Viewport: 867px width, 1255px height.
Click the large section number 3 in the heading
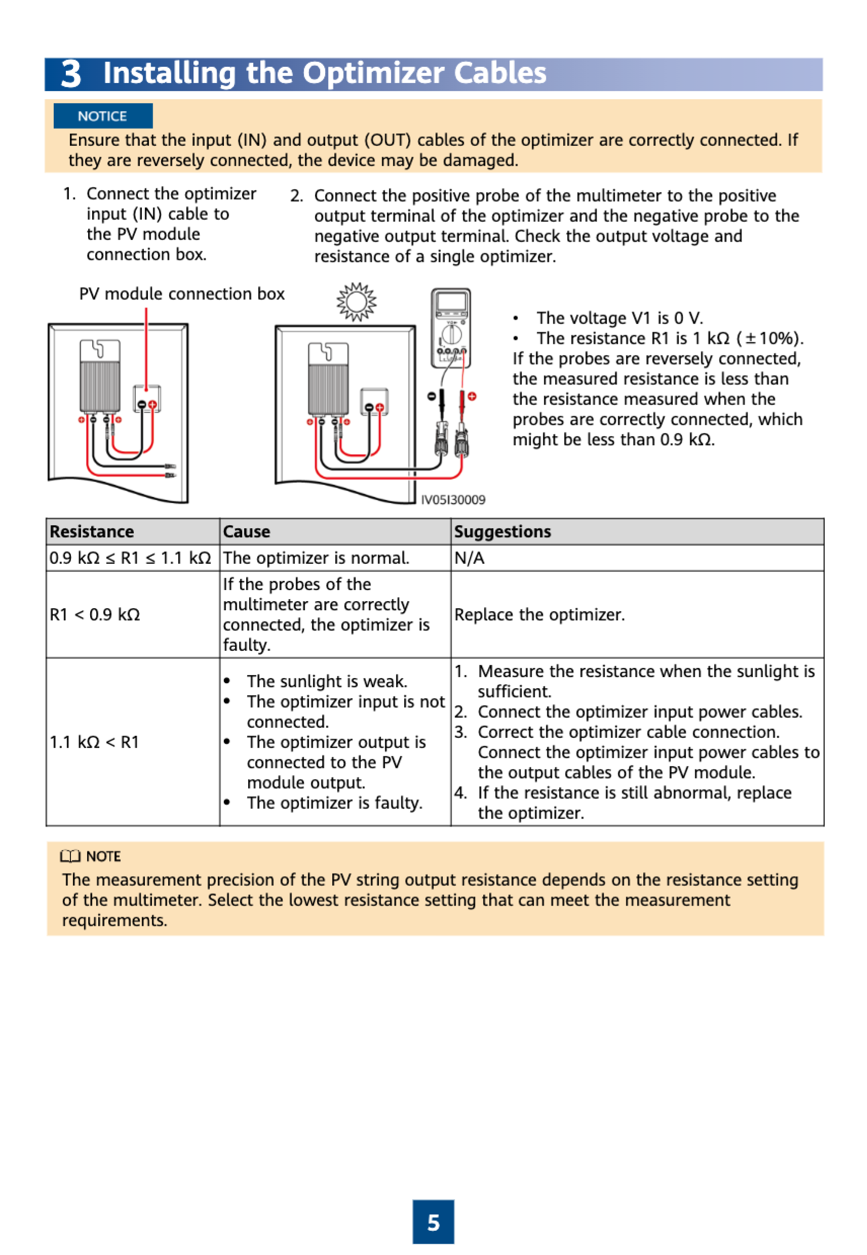(x=71, y=74)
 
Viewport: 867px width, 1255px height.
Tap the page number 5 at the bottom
(x=433, y=1223)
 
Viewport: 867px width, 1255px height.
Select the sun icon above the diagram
(x=357, y=301)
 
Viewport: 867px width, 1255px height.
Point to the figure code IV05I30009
(x=453, y=500)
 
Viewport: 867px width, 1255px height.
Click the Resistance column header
(x=92, y=531)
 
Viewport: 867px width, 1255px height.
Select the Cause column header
(x=247, y=531)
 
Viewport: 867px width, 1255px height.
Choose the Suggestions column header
(x=502, y=531)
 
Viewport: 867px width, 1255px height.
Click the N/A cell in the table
(x=469, y=558)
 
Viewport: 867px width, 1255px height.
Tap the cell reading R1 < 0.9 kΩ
(x=95, y=614)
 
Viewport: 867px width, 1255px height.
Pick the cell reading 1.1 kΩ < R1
(x=95, y=742)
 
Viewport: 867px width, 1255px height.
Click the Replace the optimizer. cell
(x=539, y=614)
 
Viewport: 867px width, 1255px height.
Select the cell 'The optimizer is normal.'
(x=316, y=558)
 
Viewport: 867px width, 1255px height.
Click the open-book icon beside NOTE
(x=70, y=856)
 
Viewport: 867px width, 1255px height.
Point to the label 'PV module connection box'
(x=182, y=294)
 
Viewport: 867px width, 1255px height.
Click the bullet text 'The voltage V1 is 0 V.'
(x=619, y=318)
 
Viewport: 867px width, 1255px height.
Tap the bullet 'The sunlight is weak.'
(x=327, y=681)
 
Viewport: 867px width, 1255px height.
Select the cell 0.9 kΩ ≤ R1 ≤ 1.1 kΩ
(x=130, y=558)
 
